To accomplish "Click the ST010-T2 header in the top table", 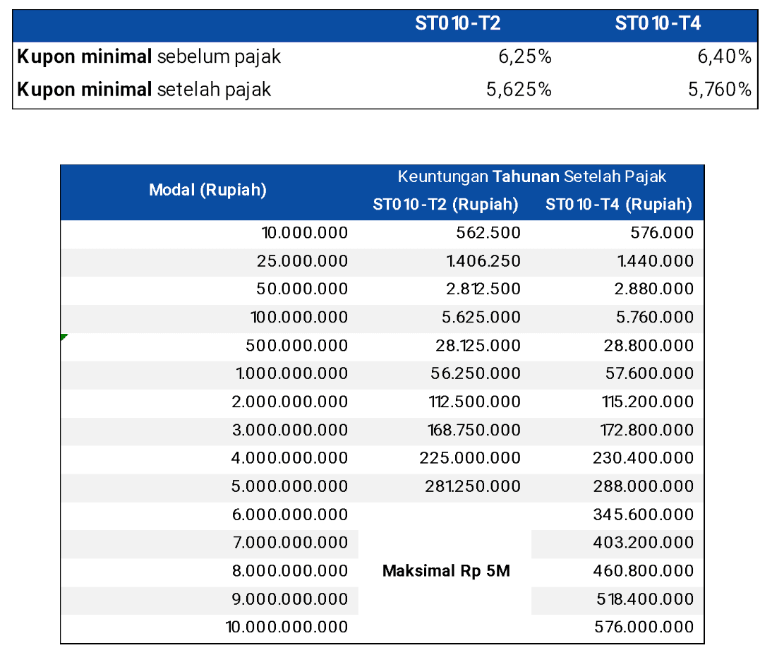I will pyautogui.click(x=458, y=23).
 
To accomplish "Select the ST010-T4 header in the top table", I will pyautogui.click(x=658, y=23).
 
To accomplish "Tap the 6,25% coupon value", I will pyautogui.click(x=525, y=57).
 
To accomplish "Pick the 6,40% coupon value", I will pyautogui.click(x=725, y=57).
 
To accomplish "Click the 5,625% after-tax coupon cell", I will pyautogui.click(x=519, y=90).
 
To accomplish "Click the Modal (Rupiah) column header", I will pyautogui.click(x=207, y=190).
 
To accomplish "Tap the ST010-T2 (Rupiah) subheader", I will pyautogui.click(x=445, y=205).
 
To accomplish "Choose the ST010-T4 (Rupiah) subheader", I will pyautogui.click(x=618, y=205).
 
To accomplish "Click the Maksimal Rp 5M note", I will pyautogui.click(x=446, y=571).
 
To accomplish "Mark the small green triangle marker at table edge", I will pyautogui.click(x=64, y=337).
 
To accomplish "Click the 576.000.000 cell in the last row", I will pyautogui.click(x=644, y=627).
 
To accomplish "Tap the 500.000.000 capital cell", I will pyautogui.click(x=296, y=346).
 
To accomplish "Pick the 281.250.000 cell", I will pyautogui.click(x=473, y=486).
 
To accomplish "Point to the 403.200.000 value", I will pyautogui.click(x=644, y=543).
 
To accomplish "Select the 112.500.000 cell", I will pyautogui.click(x=474, y=402).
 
